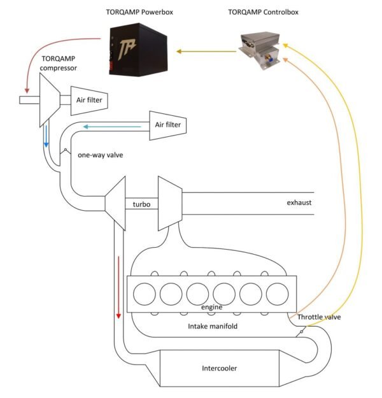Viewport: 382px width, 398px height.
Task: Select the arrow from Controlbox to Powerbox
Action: coord(206,51)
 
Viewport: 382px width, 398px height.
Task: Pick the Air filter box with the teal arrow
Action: coord(167,125)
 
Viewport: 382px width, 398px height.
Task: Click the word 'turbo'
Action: coord(141,204)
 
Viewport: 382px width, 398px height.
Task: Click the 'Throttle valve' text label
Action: coord(318,316)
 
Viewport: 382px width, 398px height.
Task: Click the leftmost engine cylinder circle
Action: coord(145,294)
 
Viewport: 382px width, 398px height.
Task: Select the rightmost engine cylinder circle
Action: coord(277,294)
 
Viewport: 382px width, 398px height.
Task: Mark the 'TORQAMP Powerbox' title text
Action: coord(140,11)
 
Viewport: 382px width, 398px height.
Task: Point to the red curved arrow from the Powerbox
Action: coord(48,54)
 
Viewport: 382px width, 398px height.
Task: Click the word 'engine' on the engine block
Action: coord(211,308)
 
